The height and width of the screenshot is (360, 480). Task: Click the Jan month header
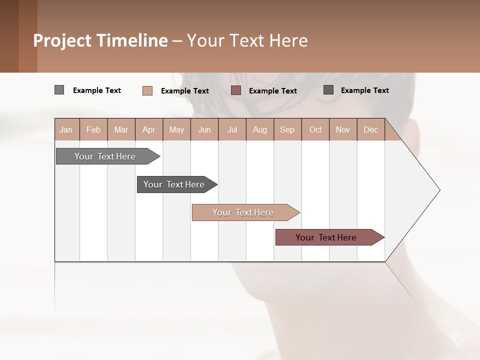tap(66, 129)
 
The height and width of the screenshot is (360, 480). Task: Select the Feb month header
tap(93, 129)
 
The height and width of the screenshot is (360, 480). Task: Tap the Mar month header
tap(121, 129)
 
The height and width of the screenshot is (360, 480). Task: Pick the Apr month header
tap(149, 129)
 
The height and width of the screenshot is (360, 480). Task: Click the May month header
tap(176, 129)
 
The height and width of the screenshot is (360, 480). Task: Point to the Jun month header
tap(204, 129)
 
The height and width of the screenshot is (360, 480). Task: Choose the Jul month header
tap(232, 129)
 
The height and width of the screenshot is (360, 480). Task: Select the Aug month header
tap(260, 129)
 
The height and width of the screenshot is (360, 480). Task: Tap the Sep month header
tap(287, 129)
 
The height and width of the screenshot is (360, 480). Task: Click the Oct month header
tap(315, 129)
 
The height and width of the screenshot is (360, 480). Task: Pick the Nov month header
tap(343, 129)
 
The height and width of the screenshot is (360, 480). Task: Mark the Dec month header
tap(370, 129)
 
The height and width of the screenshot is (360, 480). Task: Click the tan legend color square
tap(147, 90)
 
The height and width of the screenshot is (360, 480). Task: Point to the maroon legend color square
tap(236, 90)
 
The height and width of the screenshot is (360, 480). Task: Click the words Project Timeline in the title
tap(100, 40)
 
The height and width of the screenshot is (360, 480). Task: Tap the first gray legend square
tap(59, 90)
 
